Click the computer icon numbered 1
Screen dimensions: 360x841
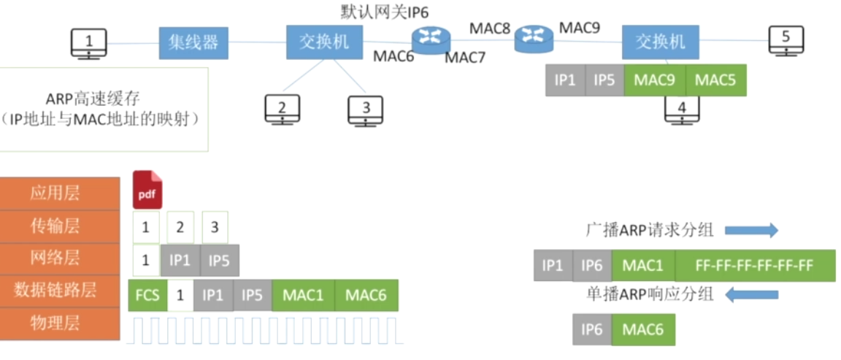point(89,42)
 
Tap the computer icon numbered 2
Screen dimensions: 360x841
point(282,110)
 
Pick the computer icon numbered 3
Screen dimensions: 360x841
point(366,110)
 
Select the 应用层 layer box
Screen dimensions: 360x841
point(60,194)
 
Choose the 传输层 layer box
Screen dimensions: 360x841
point(60,226)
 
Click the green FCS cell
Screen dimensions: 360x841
point(147,296)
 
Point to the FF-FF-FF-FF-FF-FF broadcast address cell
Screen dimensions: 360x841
point(755,266)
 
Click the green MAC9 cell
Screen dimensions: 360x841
point(655,80)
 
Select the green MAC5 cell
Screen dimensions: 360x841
point(715,80)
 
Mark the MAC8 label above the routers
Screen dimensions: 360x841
point(490,28)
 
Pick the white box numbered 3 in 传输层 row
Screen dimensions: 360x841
point(215,228)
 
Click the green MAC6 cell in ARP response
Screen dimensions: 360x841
point(643,330)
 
